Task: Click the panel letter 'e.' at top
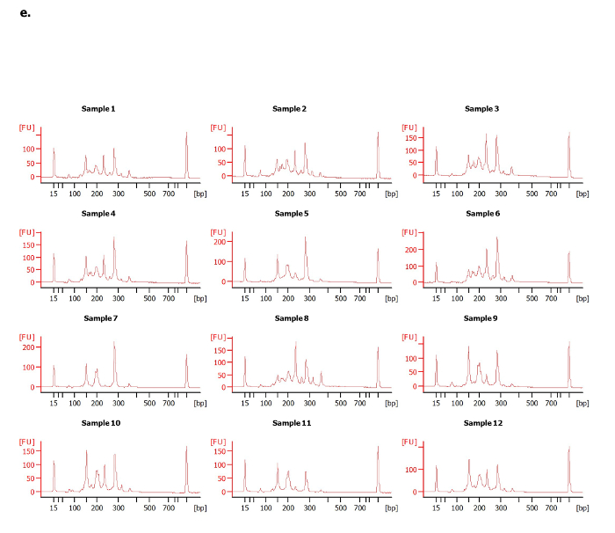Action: [25, 12]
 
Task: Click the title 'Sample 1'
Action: [98, 108]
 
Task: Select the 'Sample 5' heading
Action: [290, 214]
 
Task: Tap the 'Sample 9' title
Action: [481, 319]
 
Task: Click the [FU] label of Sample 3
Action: [409, 128]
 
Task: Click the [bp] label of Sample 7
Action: [200, 403]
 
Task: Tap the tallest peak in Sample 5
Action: [306, 237]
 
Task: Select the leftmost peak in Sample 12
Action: [436, 467]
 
